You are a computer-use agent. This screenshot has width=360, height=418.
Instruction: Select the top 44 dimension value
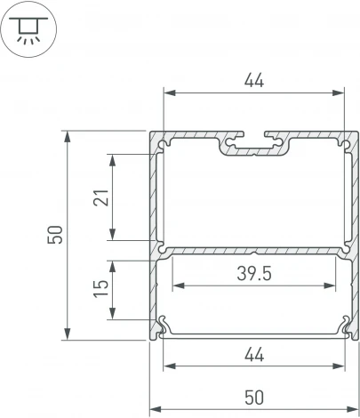[254, 81]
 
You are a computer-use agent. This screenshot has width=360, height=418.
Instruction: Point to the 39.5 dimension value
[254, 275]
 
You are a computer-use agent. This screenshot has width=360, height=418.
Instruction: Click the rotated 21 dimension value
[100, 197]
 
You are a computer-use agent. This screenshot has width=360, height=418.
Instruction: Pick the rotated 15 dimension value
[100, 289]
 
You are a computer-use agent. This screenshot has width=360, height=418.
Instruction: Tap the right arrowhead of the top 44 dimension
[340, 92]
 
